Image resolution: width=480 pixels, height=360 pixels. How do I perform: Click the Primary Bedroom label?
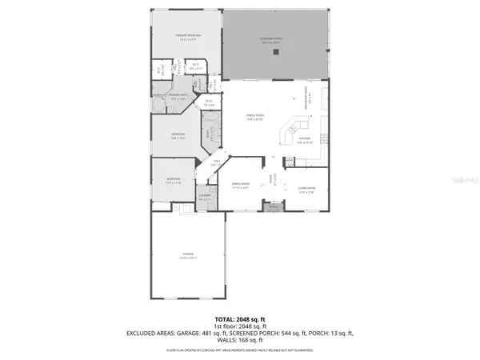point(188,37)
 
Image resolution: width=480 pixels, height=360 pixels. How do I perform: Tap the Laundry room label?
point(205,197)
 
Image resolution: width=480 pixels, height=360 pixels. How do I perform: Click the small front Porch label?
point(273,207)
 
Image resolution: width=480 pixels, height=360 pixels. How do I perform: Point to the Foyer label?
point(271,182)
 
